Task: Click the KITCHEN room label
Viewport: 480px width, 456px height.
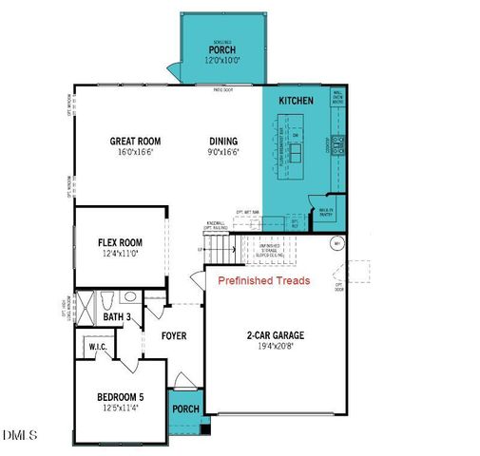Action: coord(296,100)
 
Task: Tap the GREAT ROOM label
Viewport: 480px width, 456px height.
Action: coord(137,142)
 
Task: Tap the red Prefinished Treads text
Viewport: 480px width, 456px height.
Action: coord(263,281)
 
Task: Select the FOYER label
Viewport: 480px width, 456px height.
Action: coord(173,336)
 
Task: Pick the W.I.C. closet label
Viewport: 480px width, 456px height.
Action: coord(98,348)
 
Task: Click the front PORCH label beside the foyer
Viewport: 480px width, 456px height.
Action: coord(185,409)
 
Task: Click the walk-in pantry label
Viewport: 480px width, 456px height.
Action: coord(326,215)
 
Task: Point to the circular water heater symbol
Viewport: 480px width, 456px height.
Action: coord(335,244)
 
